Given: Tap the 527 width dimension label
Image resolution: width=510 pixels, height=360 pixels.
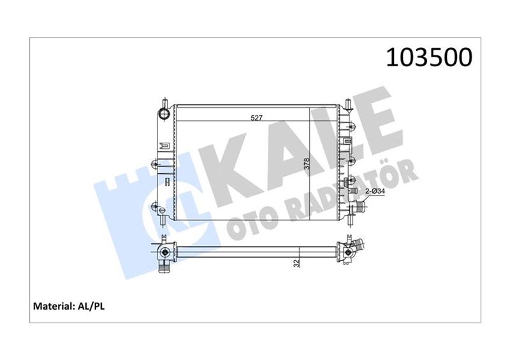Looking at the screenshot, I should pyautogui.click(x=257, y=118).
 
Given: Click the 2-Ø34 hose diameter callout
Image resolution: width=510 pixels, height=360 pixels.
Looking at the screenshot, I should pyautogui.click(x=375, y=191).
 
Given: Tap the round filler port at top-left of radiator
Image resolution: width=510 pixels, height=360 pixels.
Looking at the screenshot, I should pyautogui.click(x=164, y=115).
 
